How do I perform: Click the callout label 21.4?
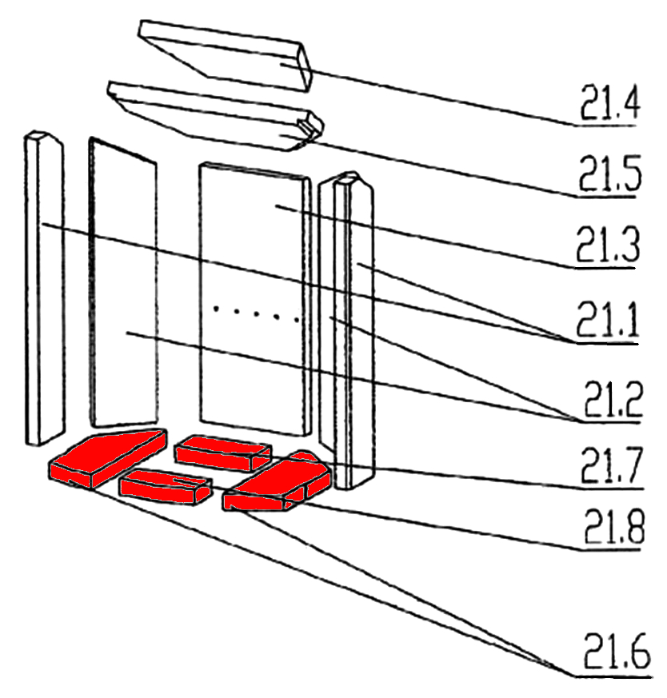tap(609, 102)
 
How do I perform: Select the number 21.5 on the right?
tap(610, 173)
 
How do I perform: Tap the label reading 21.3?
tap(608, 244)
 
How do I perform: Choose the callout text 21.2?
tap(613, 398)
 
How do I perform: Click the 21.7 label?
tap(612, 465)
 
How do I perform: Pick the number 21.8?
tap(613, 527)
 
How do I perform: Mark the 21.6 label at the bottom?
tap(617, 651)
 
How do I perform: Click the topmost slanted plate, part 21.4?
tap(225, 55)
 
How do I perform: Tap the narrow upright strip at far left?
tap(45, 288)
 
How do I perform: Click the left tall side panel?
tap(124, 282)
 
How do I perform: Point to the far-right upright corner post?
tap(347, 330)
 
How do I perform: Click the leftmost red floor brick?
tap(108, 457)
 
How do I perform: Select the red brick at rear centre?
tap(223, 453)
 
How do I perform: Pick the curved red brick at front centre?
tap(165, 488)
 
